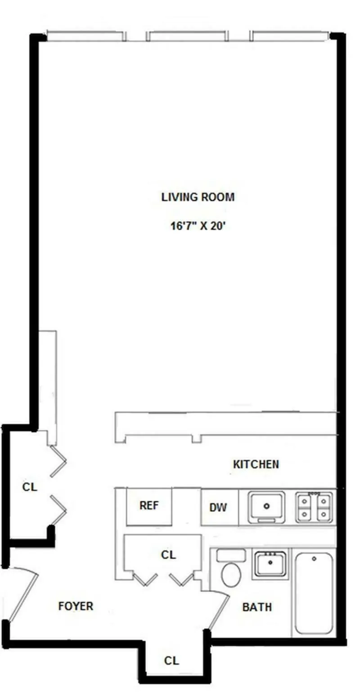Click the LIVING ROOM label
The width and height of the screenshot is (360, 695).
pos(198,197)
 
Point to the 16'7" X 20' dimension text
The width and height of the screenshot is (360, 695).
pos(198,226)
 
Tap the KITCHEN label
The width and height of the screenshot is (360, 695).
pos(256,464)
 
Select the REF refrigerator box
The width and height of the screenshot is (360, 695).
pos(149,506)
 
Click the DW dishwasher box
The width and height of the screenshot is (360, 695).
pos(218,508)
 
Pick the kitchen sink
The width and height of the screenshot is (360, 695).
pos(266,507)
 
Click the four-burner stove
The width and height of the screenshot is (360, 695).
pos(314,507)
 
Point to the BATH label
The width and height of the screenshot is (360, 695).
pos(257,607)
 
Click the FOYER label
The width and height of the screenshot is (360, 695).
pos(76,606)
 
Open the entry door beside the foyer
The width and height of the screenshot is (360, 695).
pos(22,594)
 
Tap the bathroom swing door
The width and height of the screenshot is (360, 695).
pos(219,610)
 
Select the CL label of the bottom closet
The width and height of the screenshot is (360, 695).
pos(171,660)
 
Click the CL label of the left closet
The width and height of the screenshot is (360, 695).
pos(30,487)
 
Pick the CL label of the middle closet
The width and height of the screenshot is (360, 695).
pos(168,555)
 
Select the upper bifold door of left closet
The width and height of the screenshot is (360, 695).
pos(58,461)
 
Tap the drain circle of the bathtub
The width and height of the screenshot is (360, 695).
pos(314,559)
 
